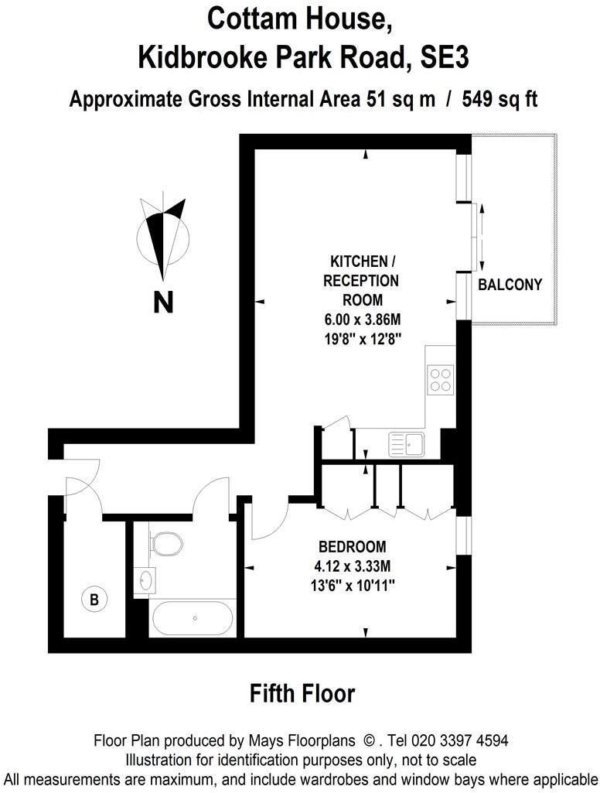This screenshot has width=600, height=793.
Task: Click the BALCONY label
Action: [510, 285]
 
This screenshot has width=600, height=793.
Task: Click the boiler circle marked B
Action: [94, 598]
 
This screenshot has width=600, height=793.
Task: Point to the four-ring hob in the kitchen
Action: [440, 380]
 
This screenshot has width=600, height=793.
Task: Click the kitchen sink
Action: [407, 444]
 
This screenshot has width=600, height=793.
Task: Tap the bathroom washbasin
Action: [146, 578]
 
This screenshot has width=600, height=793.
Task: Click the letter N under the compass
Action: [162, 303]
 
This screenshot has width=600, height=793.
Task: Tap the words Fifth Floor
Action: [302, 693]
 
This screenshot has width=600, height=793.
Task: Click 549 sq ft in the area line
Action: [499, 99]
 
